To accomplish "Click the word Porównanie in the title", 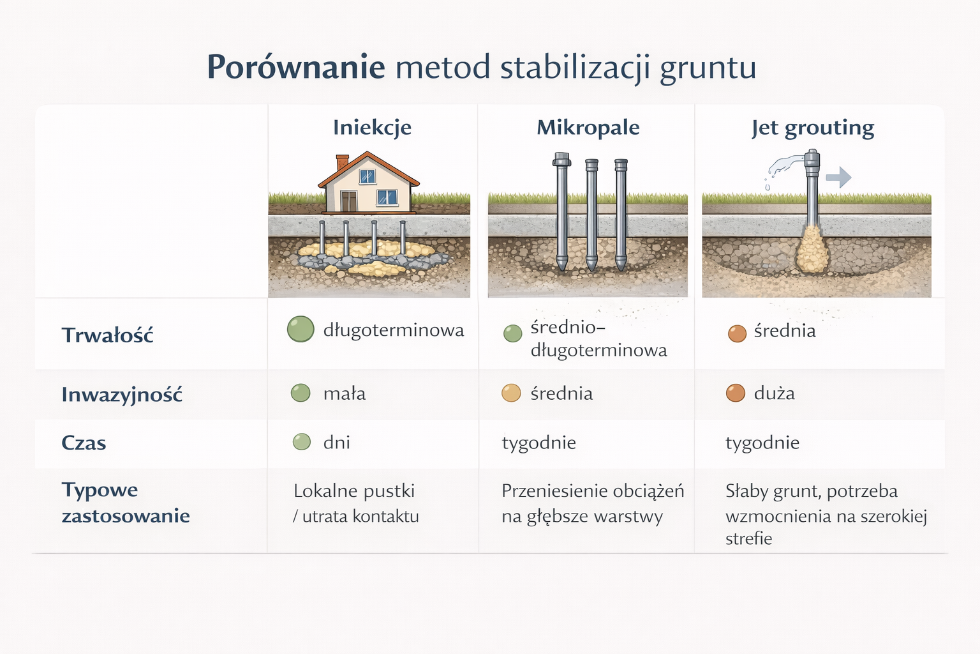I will click(x=296, y=67).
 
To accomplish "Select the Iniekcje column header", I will click(x=372, y=128).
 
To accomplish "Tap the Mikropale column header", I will click(x=588, y=128).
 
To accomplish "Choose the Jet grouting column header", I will click(x=812, y=128).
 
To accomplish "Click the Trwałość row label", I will click(x=107, y=335).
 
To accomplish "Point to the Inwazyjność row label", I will click(x=122, y=395).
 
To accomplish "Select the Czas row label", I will click(x=84, y=443).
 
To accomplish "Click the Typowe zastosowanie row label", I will click(x=126, y=503).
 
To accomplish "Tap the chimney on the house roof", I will click(x=342, y=162).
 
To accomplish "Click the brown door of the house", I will click(x=348, y=201).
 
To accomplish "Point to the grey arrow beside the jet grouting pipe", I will click(x=839, y=177).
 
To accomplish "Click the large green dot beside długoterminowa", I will click(x=301, y=330).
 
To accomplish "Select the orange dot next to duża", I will click(x=736, y=393).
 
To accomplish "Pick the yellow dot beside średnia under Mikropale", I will click(x=511, y=393).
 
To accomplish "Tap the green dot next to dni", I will click(x=301, y=442).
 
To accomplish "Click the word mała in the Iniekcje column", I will click(x=345, y=393).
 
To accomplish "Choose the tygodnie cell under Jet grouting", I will click(x=762, y=443).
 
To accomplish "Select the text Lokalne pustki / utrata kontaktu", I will click(x=355, y=503).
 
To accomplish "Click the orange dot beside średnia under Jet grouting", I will click(x=737, y=333).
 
